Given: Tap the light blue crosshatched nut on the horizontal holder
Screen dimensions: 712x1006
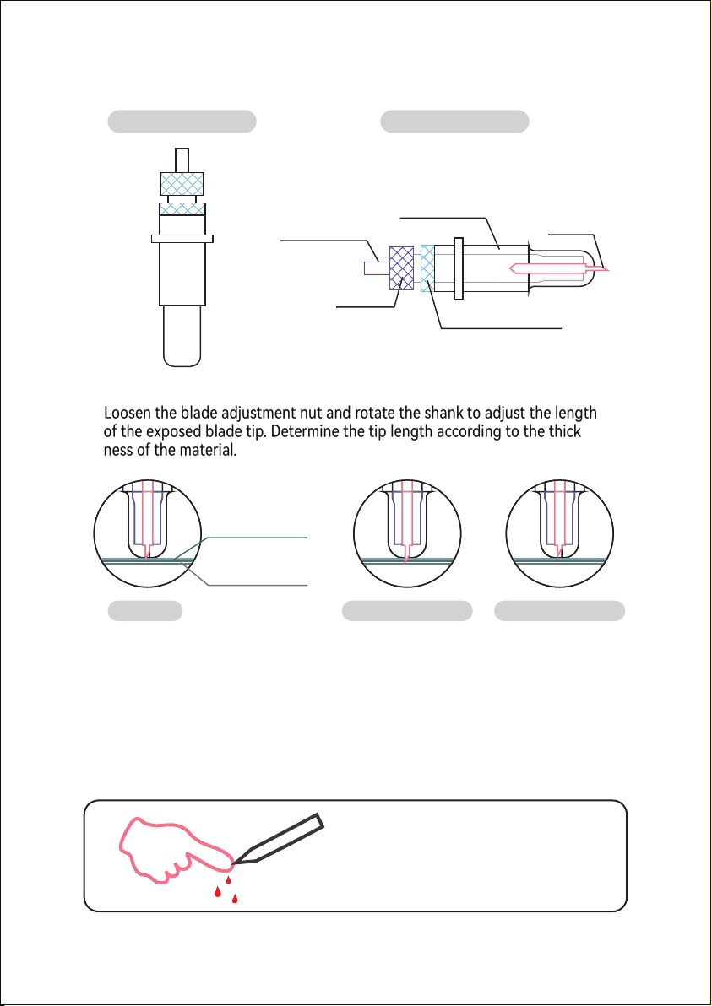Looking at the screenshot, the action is [427, 268].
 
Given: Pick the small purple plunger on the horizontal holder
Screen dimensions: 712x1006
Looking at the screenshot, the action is [376, 268].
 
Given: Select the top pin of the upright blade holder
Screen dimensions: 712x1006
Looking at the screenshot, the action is [182, 160].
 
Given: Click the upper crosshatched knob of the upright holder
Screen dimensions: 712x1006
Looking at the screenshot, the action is [182, 183].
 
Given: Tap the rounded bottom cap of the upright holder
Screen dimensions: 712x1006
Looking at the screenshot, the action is [182, 336].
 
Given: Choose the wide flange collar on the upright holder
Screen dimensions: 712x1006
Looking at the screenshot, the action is [182, 239].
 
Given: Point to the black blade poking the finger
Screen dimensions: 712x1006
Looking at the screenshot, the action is [277, 838].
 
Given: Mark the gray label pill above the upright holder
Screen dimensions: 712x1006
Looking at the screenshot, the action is [182, 122].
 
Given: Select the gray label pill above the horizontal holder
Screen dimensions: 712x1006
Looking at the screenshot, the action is [455, 122].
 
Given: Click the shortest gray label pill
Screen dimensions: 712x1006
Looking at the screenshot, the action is [145, 611].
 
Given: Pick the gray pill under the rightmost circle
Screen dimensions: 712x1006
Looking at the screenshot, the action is [560, 611].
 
